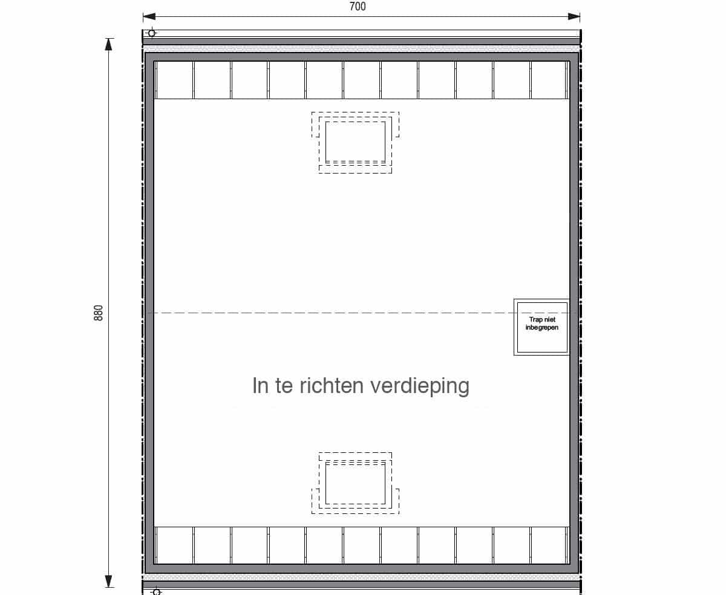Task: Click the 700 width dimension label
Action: click(358, 7)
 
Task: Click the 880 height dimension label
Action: click(99, 313)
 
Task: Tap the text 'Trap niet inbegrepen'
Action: click(542, 324)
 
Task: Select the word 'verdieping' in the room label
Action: click(420, 386)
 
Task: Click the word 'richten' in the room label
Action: click(332, 385)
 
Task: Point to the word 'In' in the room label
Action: click(260, 385)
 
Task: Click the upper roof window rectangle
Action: click(355, 141)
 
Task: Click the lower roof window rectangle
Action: click(355, 484)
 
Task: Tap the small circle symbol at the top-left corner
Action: click(151, 33)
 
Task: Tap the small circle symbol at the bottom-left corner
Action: click(157, 592)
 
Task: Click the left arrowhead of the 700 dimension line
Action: click(149, 16)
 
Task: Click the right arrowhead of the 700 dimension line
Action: click(574, 16)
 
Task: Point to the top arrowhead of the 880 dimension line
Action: click(109, 44)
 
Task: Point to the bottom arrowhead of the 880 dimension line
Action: click(109, 581)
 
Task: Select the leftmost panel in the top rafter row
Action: click(174, 80)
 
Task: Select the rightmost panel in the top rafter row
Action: click(548, 80)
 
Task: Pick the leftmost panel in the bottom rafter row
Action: click(174, 545)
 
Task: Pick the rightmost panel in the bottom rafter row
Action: click(548, 545)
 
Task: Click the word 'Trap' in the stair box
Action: click(535, 320)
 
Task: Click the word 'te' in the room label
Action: click(284, 386)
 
